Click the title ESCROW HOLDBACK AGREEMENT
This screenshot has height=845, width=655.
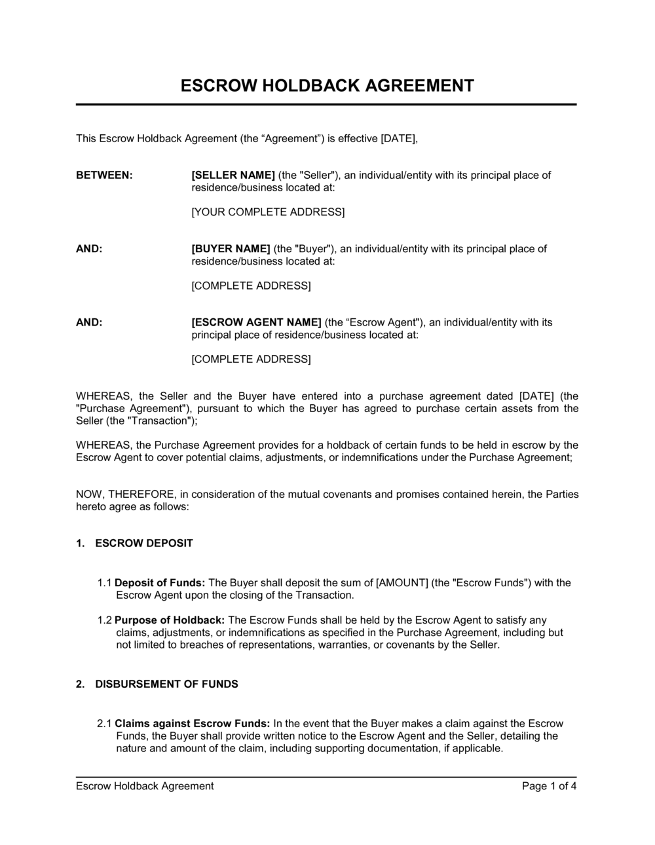[327, 86]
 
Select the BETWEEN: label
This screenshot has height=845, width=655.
[104, 176]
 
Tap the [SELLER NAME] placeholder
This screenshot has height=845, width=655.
[233, 176]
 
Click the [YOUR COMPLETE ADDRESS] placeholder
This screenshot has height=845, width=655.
[268, 212]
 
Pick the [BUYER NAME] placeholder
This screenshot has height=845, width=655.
[231, 249]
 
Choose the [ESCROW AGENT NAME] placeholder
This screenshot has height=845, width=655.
[256, 322]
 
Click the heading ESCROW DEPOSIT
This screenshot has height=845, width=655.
[144, 544]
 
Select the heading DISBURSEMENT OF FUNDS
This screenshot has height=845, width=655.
[166, 685]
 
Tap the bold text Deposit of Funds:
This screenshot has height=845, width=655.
[160, 583]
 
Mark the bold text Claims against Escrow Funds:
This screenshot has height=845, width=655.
[192, 724]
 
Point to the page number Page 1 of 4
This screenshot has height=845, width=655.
[549, 786]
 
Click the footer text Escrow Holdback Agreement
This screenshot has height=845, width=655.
[145, 786]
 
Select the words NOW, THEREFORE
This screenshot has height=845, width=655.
[125, 495]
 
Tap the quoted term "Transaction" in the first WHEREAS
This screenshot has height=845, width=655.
[161, 421]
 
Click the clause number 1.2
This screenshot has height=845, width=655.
[105, 620]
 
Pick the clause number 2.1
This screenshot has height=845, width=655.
[105, 724]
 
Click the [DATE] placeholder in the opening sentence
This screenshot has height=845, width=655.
[399, 139]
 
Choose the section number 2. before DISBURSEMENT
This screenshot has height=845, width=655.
[80, 685]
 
